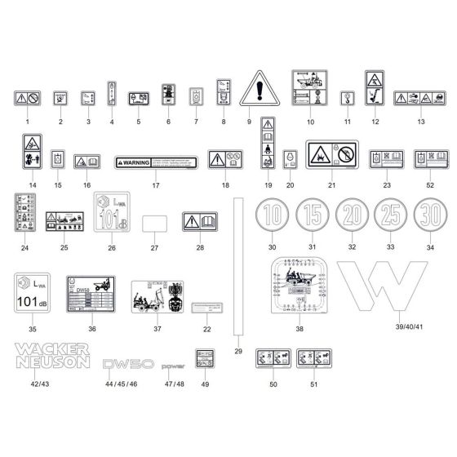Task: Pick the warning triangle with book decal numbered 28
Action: tap(199, 221)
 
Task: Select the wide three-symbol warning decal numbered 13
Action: tap(420, 98)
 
